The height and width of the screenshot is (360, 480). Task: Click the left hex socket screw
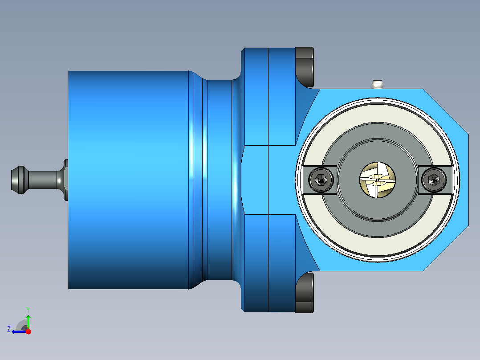coord(321,180)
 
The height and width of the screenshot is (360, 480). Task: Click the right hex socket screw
coord(434,180)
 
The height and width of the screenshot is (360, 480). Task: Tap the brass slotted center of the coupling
coord(377,180)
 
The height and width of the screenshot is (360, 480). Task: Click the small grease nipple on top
coord(378,84)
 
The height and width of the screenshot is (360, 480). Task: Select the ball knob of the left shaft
coord(18,180)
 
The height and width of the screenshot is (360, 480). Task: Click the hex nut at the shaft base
coord(65,180)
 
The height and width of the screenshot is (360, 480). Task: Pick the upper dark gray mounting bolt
coord(305,67)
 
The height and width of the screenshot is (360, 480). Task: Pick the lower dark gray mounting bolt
coord(305,293)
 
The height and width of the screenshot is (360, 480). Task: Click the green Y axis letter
coord(28,310)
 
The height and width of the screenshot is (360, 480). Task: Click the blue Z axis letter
coord(9,329)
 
